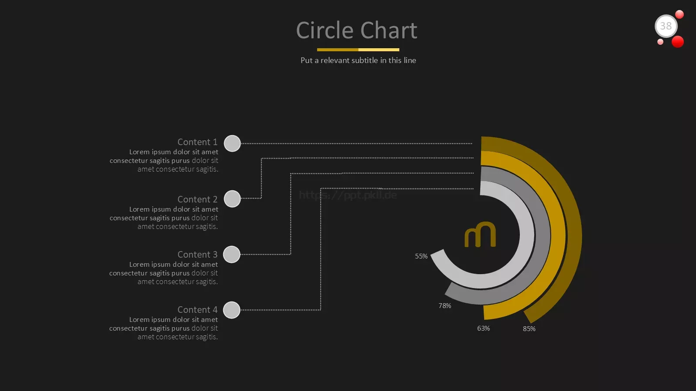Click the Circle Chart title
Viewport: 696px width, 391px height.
356,30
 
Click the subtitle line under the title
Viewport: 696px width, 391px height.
358,60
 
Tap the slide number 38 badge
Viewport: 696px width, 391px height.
666,26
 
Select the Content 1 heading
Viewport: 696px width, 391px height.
197,142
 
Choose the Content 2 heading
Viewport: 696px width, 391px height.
197,199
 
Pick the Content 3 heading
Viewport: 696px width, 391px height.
197,254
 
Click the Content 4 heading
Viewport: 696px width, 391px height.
197,309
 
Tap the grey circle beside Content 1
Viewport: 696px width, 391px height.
232,143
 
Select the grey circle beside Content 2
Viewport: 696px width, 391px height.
232,199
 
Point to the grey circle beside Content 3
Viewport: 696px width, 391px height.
232,254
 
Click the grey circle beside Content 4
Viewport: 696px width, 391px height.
232,310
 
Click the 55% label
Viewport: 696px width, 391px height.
422,256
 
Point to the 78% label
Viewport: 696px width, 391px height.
445,306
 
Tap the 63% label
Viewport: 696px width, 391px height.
483,328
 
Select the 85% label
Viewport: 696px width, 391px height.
529,328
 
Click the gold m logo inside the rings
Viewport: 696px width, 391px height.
480,234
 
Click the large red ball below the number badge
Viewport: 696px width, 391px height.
678,42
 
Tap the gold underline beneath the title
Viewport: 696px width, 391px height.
358,50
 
